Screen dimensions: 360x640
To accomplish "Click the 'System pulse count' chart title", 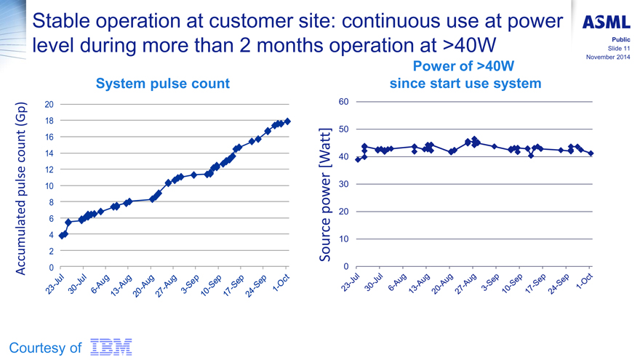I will pyautogui.click(x=163, y=84).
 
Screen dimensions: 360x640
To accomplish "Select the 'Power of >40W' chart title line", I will pyautogui.click(x=465, y=67).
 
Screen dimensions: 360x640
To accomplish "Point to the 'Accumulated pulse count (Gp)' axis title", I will pyautogui.click(x=21, y=188).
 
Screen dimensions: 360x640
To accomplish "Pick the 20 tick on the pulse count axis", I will pyautogui.click(x=49, y=104).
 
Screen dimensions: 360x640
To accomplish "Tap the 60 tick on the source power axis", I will pyautogui.click(x=343, y=101).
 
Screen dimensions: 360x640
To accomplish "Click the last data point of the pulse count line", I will pyautogui.click(x=288, y=121).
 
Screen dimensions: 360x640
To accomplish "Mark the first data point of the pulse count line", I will pyautogui.click(x=62, y=236).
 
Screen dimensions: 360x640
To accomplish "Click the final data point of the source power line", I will pyautogui.click(x=591, y=153).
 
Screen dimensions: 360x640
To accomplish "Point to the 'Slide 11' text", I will pyautogui.click(x=617, y=49).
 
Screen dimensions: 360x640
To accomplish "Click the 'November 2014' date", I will pyautogui.click(x=607, y=57).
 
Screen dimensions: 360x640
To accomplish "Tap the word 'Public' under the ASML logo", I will pyautogui.click(x=620, y=40).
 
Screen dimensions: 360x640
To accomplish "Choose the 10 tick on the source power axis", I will pyautogui.click(x=343, y=239).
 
